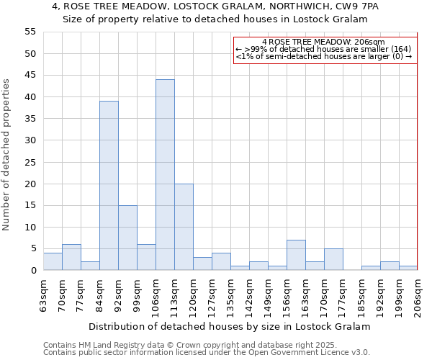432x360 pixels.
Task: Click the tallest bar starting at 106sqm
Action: (x=165, y=175)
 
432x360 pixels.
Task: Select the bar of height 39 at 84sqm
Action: (x=109, y=186)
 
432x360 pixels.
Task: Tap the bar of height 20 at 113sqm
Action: (x=184, y=227)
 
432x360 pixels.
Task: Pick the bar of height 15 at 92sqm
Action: (x=127, y=238)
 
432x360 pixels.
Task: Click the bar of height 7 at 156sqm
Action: (x=296, y=255)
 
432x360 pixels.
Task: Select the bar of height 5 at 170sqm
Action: (x=333, y=259)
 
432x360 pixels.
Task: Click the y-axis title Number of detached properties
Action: (x=7, y=154)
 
